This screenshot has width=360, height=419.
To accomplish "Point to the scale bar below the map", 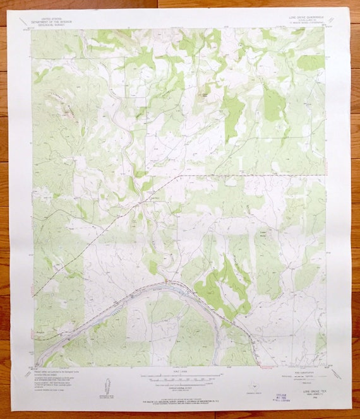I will coord(182,377).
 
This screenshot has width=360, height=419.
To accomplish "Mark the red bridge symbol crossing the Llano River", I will coord(165,280).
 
